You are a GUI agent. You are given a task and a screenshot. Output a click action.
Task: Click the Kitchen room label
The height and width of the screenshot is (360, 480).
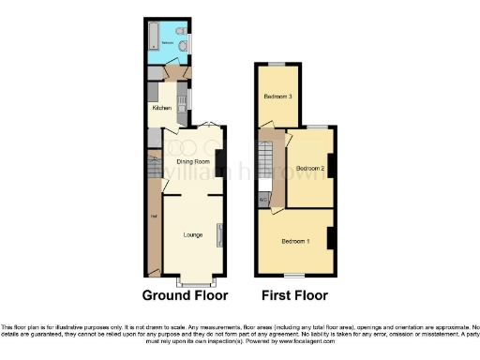coord(161,108)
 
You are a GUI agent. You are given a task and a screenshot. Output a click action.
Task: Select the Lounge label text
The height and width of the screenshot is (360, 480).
coord(194,233)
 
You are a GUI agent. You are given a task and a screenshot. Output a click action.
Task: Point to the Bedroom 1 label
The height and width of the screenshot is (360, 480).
coord(295,241)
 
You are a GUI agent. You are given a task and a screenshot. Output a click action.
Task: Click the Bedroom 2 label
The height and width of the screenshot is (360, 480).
coord(310,169)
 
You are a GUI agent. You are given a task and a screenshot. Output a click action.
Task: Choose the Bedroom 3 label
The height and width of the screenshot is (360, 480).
coord(277,97)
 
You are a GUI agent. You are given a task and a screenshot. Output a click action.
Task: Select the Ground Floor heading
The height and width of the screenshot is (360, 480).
coord(185,295)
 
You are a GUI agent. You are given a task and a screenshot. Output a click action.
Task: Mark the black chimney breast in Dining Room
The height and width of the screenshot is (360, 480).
coord(219,163)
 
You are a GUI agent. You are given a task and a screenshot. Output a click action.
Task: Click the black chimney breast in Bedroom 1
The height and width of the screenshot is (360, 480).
coord(330,238)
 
